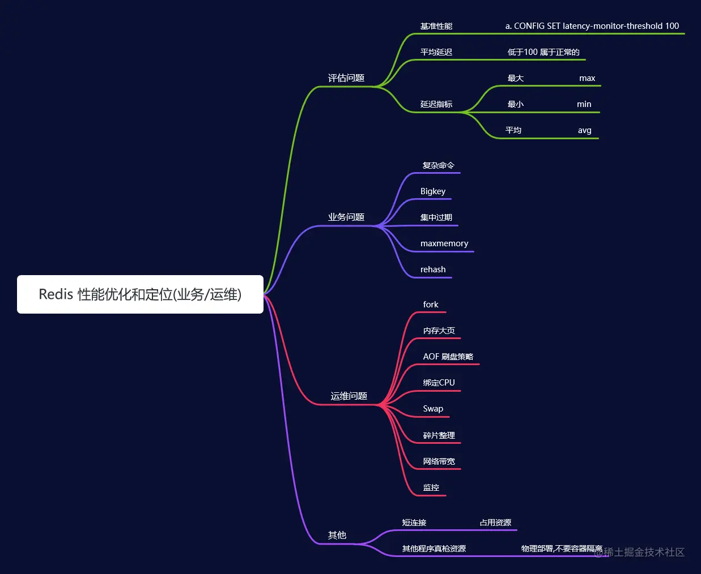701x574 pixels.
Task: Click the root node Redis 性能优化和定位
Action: [140, 294]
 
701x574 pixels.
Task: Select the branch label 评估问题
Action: [346, 78]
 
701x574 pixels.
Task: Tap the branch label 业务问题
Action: [346, 217]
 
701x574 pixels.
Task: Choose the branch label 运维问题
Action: [349, 396]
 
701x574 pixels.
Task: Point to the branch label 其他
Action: [337, 536]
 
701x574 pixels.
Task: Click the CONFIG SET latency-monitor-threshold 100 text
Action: [592, 26]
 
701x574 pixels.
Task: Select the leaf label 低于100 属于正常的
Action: [543, 52]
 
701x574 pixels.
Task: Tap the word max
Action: [587, 78]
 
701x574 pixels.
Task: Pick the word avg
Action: [584, 130]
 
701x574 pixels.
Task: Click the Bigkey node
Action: [433, 191]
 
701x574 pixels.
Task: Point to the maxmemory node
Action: [444, 243]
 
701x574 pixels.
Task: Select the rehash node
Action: [433, 269]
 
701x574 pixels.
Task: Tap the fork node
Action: [431, 305]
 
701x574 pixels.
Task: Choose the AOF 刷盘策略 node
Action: [448, 357]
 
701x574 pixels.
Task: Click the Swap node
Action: [433, 409]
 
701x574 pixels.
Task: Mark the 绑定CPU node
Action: [439, 383]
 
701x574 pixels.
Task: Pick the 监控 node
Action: [431, 487]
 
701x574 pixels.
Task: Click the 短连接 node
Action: [414, 522]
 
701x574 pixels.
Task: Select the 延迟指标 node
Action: [436, 104]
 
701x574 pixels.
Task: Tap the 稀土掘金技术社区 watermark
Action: [643, 552]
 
